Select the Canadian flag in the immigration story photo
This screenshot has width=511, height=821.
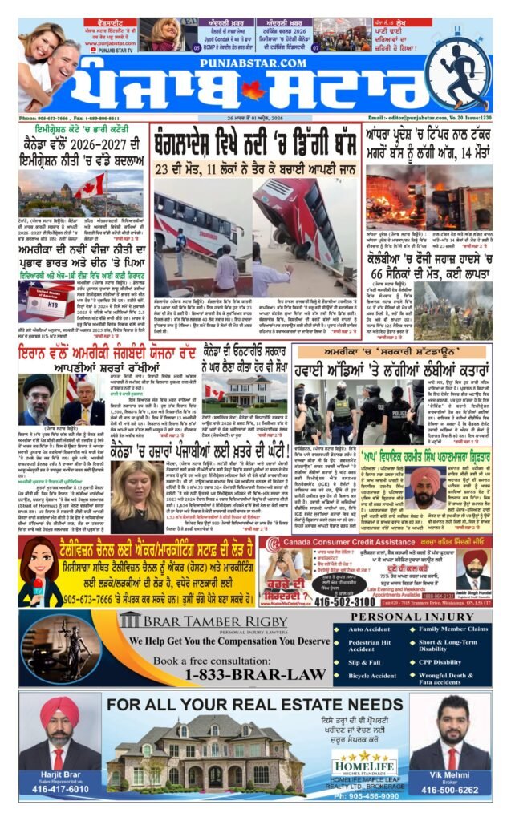tap(90, 187)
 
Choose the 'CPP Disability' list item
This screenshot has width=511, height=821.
tap(442, 662)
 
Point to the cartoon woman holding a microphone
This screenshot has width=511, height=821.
tap(41, 571)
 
